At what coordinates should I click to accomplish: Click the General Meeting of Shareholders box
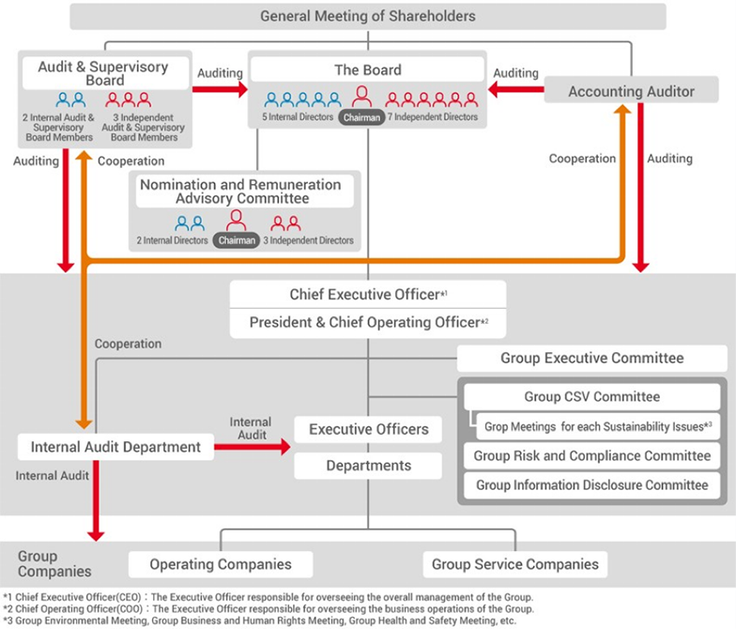pyautogui.click(x=367, y=16)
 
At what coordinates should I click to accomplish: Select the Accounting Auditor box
pyautogui.click(x=631, y=91)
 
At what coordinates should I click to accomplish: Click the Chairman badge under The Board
pyautogui.click(x=360, y=117)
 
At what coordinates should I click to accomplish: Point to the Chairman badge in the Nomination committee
pyautogui.click(x=236, y=240)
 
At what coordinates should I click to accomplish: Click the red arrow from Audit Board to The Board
pyautogui.click(x=220, y=90)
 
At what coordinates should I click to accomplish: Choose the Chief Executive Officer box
pyautogui.click(x=367, y=294)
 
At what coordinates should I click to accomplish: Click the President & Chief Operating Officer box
pyautogui.click(x=367, y=322)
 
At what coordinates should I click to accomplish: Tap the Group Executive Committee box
pyautogui.click(x=591, y=358)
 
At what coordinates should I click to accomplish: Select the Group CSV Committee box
pyautogui.click(x=591, y=396)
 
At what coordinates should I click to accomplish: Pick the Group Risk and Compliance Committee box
pyautogui.click(x=591, y=455)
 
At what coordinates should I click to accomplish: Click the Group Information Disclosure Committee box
pyautogui.click(x=591, y=484)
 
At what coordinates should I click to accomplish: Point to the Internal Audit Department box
pyautogui.click(x=115, y=447)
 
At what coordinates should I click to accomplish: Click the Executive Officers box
pyautogui.click(x=368, y=429)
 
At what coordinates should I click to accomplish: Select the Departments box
pyautogui.click(x=368, y=466)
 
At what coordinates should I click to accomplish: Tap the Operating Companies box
pyautogui.click(x=221, y=564)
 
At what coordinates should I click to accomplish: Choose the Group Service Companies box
pyautogui.click(x=514, y=564)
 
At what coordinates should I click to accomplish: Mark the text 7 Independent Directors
pyautogui.click(x=433, y=117)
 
